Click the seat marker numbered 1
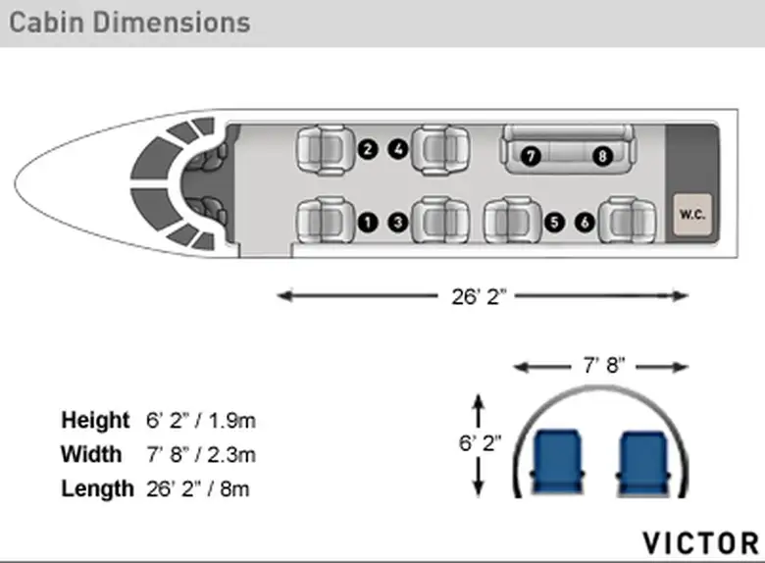pyautogui.click(x=368, y=223)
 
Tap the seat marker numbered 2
pyautogui.click(x=368, y=149)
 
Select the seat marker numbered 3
pyautogui.click(x=398, y=223)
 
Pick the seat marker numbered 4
pyautogui.click(x=398, y=149)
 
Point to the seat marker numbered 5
pyautogui.click(x=554, y=223)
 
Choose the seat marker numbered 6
pyautogui.click(x=585, y=223)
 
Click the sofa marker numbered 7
pyautogui.click(x=531, y=156)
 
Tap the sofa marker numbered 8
pyautogui.click(x=602, y=156)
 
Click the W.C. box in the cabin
pyautogui.click(x=692, y=215)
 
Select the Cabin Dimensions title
pyautogui.click(x=129, y=23)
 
